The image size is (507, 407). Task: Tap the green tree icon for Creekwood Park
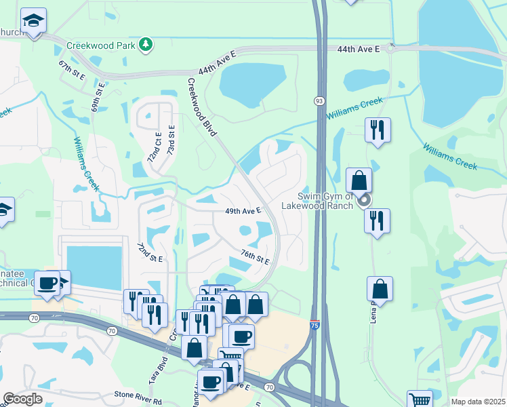pyautogui.click(x=145, y=45)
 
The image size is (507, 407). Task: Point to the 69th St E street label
pyautogui.click(x=98, y=97)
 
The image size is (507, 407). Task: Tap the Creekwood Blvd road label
pyautogui.click(x=201, y=106)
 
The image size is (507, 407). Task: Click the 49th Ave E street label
pyautogui.click(x=243, y=211)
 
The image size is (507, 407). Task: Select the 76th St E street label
pyautogui.click(x=256, y=256)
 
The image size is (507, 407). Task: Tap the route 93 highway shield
pyautogui.click(x=319, y=100)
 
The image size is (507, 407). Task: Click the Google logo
pyautogui.click(x=23, y=398)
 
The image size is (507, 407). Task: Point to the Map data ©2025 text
pyautogui.click(x=478, y=402)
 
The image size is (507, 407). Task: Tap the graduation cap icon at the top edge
pyautogui.click(x=33, y=22)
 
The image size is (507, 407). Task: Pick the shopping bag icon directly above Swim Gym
pyautogui.click(x=359, y=180)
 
